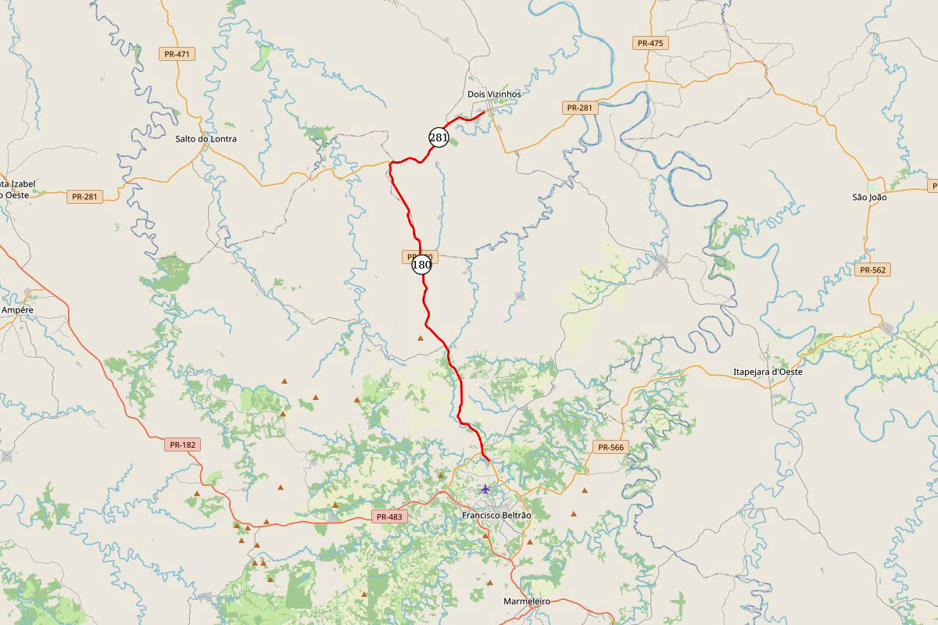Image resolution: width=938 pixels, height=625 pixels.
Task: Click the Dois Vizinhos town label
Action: pos(493,94)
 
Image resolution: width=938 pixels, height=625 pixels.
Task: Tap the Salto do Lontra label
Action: pos(206,139)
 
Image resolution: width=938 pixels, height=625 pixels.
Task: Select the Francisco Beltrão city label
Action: pos(496,516)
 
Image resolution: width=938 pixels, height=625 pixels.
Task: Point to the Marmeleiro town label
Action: pos(528,601)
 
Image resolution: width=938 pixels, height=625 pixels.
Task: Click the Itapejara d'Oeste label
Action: pos(768,372)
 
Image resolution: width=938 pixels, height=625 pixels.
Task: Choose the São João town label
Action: pos(869,198)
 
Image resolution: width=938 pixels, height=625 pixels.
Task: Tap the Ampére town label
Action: pos(17,310)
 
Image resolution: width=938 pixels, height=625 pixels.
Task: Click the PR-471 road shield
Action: pos(177,54)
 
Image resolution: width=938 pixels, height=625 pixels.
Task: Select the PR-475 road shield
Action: pos(650,43)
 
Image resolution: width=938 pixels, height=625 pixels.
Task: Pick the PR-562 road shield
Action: pos(873,270)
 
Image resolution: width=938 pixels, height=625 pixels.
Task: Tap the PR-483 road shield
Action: pos(389,516)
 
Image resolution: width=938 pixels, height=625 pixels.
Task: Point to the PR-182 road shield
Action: pos(183,445)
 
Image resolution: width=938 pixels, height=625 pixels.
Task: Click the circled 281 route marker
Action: pos(438,137)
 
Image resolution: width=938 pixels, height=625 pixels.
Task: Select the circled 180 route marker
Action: pos(421,265)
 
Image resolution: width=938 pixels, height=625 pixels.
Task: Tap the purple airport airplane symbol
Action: pos(485,489)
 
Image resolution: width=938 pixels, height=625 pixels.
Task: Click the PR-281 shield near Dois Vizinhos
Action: pos(580,108)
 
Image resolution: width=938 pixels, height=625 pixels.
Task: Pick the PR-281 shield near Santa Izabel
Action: pos(84,197)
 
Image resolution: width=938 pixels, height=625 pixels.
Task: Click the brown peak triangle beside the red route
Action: pos(421,338)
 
